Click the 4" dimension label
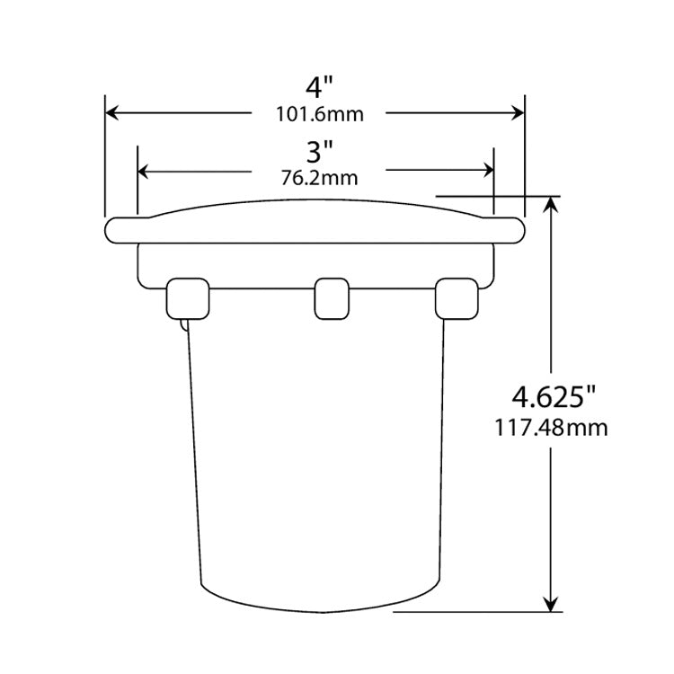click(315, 88)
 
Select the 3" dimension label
click(315, 147)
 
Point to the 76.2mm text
click(319, 177)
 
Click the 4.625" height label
click(553, 395)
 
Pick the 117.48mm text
click(551, 428)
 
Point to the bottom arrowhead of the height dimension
click(552, 605)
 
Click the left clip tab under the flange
click(189, 298)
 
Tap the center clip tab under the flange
click(330, 298)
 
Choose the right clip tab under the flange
click(456, 298)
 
